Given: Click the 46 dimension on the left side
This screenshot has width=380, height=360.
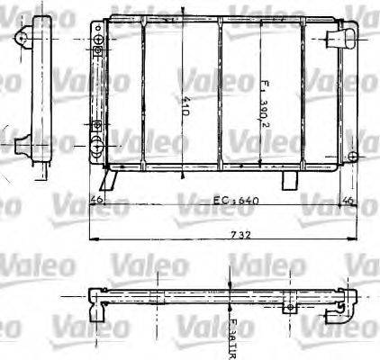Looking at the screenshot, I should click(x=96, y=200).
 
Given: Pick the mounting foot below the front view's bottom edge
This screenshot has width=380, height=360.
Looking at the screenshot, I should click(x=288, y=180).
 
